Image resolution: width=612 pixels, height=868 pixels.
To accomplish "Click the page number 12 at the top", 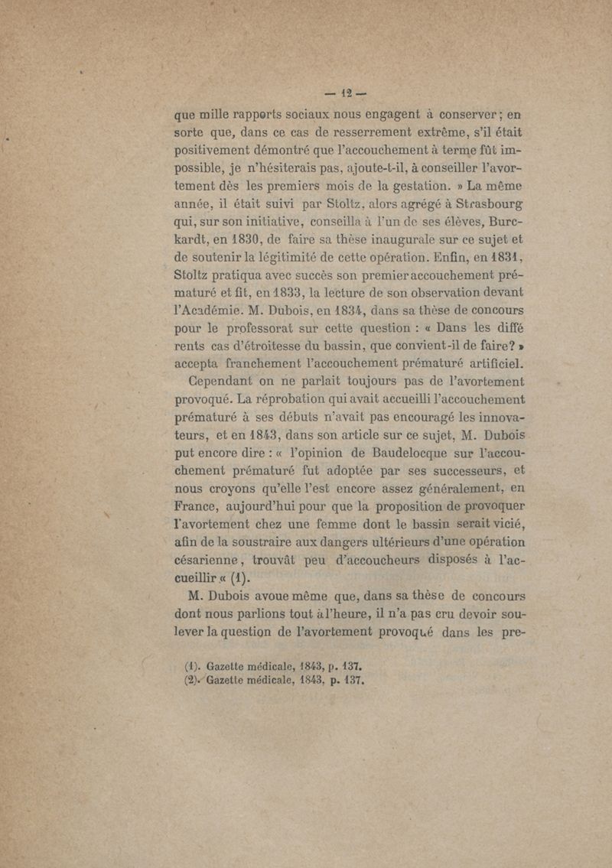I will pos(341,96).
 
